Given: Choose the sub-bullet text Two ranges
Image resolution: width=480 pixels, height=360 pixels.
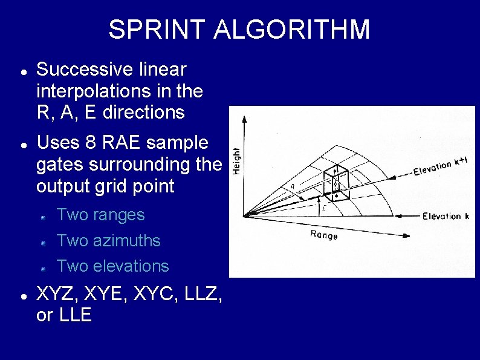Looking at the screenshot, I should [100, 215].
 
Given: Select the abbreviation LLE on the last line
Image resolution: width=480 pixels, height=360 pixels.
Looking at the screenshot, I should [76, 316].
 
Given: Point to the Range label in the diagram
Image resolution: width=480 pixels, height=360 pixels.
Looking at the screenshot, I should [323, 235].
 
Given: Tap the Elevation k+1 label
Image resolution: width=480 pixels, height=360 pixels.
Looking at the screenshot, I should [440, 166].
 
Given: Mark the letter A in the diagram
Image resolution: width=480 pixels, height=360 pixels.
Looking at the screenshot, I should [293, 186].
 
